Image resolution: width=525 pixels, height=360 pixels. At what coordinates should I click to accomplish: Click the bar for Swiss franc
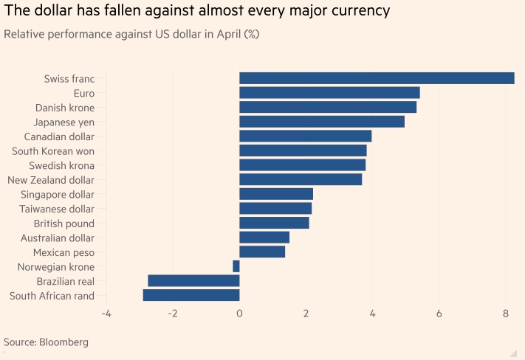tap(377, 78)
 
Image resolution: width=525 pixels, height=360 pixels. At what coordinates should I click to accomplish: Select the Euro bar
tap(329, 93)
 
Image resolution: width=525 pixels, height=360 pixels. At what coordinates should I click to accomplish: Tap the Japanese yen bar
tap(322, 122)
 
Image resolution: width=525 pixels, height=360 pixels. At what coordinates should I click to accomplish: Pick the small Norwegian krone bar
tap(236, 266)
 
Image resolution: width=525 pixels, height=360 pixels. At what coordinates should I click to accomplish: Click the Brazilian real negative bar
tap(193, 281)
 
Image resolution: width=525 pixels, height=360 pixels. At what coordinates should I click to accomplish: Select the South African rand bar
tap(191, 295)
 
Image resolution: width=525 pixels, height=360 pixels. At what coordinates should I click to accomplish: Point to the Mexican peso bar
tap(262, 252)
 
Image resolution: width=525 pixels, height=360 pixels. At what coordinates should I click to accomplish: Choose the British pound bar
tap(274, 223)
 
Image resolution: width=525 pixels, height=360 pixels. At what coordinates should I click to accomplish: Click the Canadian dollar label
tap(65, 136)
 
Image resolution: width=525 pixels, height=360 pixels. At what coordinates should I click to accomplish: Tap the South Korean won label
tap(58, 151)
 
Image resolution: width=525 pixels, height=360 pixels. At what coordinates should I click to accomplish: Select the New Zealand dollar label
tap(56, 180)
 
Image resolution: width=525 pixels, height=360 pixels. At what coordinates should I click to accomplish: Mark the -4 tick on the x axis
tap(106, 314)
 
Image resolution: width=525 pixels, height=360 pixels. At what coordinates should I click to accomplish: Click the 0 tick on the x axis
tap(239, 314)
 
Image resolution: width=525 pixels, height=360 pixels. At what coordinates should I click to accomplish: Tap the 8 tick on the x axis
tap(506, 314)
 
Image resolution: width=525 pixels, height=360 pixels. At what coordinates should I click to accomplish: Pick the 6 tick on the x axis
tap(439, 314)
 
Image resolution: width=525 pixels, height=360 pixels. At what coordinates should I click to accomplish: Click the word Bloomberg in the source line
tap(63, 342)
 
